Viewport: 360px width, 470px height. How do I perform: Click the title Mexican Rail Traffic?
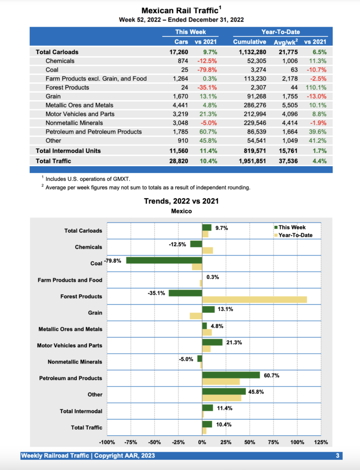click(179, 11)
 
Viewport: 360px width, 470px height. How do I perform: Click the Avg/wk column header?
click(285, 42)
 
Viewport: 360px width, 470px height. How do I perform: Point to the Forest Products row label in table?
click(67, 87)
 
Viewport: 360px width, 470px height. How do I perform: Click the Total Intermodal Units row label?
click(68, 151)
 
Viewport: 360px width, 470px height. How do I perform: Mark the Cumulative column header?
click(249, 42)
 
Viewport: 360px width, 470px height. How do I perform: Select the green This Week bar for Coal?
click(164, 260)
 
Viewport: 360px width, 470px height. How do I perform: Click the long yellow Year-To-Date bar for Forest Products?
click(254, 300)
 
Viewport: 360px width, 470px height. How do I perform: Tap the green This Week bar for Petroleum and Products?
click(231, 375)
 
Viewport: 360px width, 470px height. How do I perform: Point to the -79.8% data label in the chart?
click(112, 261)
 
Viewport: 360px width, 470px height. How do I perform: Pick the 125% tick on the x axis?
click(321, 442)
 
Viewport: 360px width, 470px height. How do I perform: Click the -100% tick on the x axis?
click(107, 442)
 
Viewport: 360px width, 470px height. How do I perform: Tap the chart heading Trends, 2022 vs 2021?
click(181, 201)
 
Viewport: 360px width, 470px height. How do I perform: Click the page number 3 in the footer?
click(337, 456)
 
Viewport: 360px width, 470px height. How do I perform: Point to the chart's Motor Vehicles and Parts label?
click(69, 346)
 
